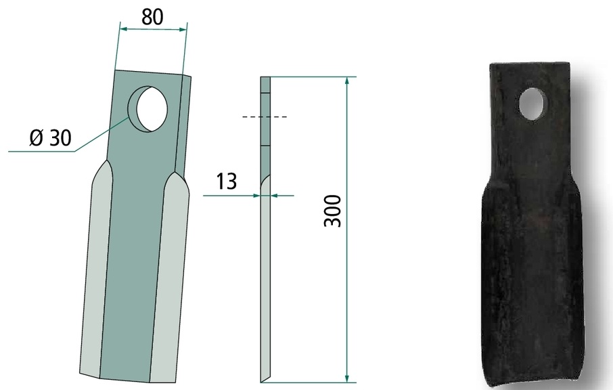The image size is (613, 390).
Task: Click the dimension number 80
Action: pyautogui.click(x=152, y=17)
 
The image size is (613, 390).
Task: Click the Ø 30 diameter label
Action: pyautogui.click(x=51, y=137)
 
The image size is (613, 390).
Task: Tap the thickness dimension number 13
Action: pyautogui.click(x=227, y=181)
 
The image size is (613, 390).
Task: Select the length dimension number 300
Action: pyautogui.click(x=333, y=211)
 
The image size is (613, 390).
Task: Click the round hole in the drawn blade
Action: pyautogui.click(x=148, y=109)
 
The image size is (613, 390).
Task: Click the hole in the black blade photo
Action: pyautogui.click(x=532, y=104)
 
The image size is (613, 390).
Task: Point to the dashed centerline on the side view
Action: pyautogui.click(x=265, y=116)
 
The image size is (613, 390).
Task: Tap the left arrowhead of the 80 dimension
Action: pyautogui.click(x=124, y=28)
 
